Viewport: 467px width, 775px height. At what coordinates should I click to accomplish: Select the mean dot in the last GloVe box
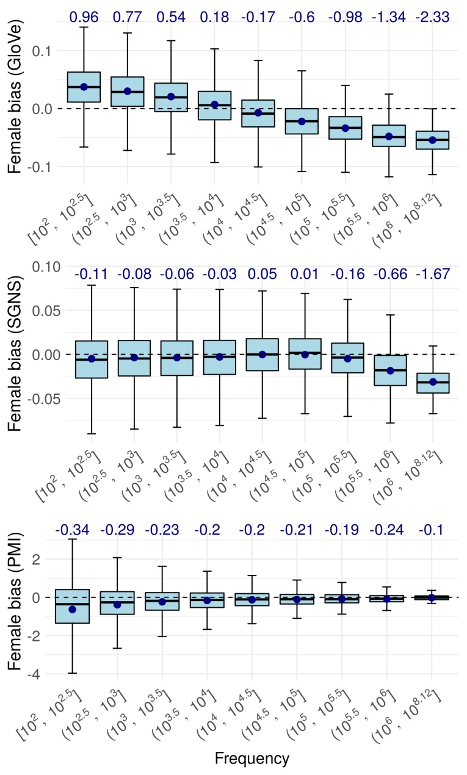(432, 140)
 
